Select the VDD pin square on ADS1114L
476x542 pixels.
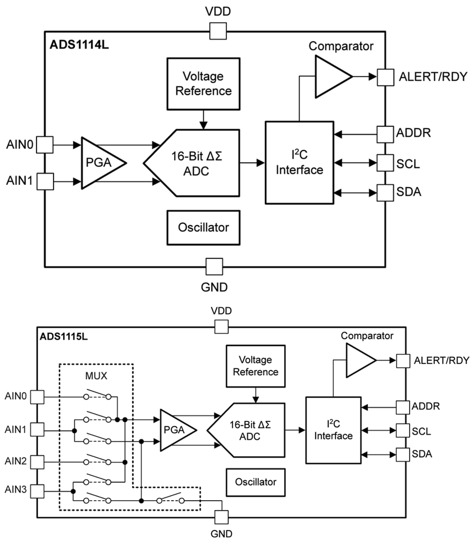tap(218, 31)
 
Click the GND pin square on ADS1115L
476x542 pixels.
tap(222, 517)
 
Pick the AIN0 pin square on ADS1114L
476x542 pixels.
tap(45, 145)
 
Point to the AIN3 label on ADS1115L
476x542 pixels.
tap(16, 491)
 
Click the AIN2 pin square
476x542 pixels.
tap(37, 462)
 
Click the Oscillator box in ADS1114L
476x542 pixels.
tap(203, 228)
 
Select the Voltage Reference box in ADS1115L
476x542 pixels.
tap(255, 365)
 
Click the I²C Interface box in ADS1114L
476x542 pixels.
tap(299, 163)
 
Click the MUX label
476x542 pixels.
tap(96, 376)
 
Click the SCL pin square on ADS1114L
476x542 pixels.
tap(385, 162)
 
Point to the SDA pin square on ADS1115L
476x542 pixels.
tap(403, 454)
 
